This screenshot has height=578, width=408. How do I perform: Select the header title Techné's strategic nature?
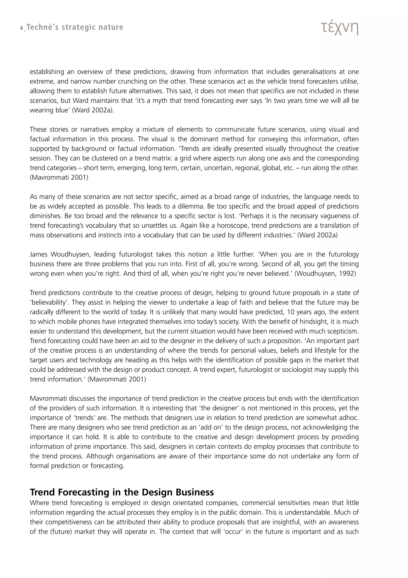75,27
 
